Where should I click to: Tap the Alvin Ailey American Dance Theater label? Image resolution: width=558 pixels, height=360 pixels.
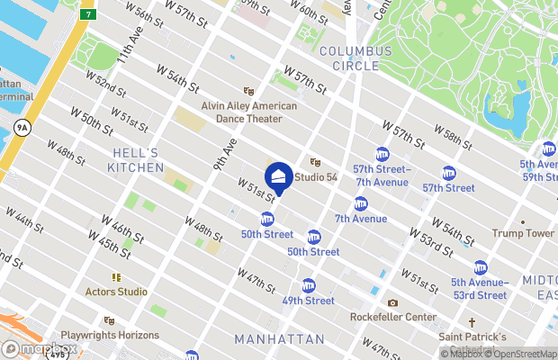click(248, 112)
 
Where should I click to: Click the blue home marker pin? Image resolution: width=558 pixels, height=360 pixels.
click(279, 176)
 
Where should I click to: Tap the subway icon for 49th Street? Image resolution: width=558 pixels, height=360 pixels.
click(309, 284)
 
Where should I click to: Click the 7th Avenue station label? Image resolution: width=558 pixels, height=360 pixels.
click(360, 219)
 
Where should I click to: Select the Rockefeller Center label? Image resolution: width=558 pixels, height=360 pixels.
click(393, 317)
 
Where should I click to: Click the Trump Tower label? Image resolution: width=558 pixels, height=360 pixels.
click(523, 233)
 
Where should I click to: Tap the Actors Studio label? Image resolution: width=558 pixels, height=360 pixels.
click(115, 291)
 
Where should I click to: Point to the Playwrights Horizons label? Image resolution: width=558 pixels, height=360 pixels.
click(110, 335)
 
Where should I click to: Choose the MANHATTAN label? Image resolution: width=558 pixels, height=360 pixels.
click(279, 339)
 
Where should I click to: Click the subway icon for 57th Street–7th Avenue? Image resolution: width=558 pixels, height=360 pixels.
click(382, 154)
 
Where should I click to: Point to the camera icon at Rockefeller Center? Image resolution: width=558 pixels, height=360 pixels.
click(392, 303)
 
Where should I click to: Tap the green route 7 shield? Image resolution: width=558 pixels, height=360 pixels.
click(88, 14)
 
